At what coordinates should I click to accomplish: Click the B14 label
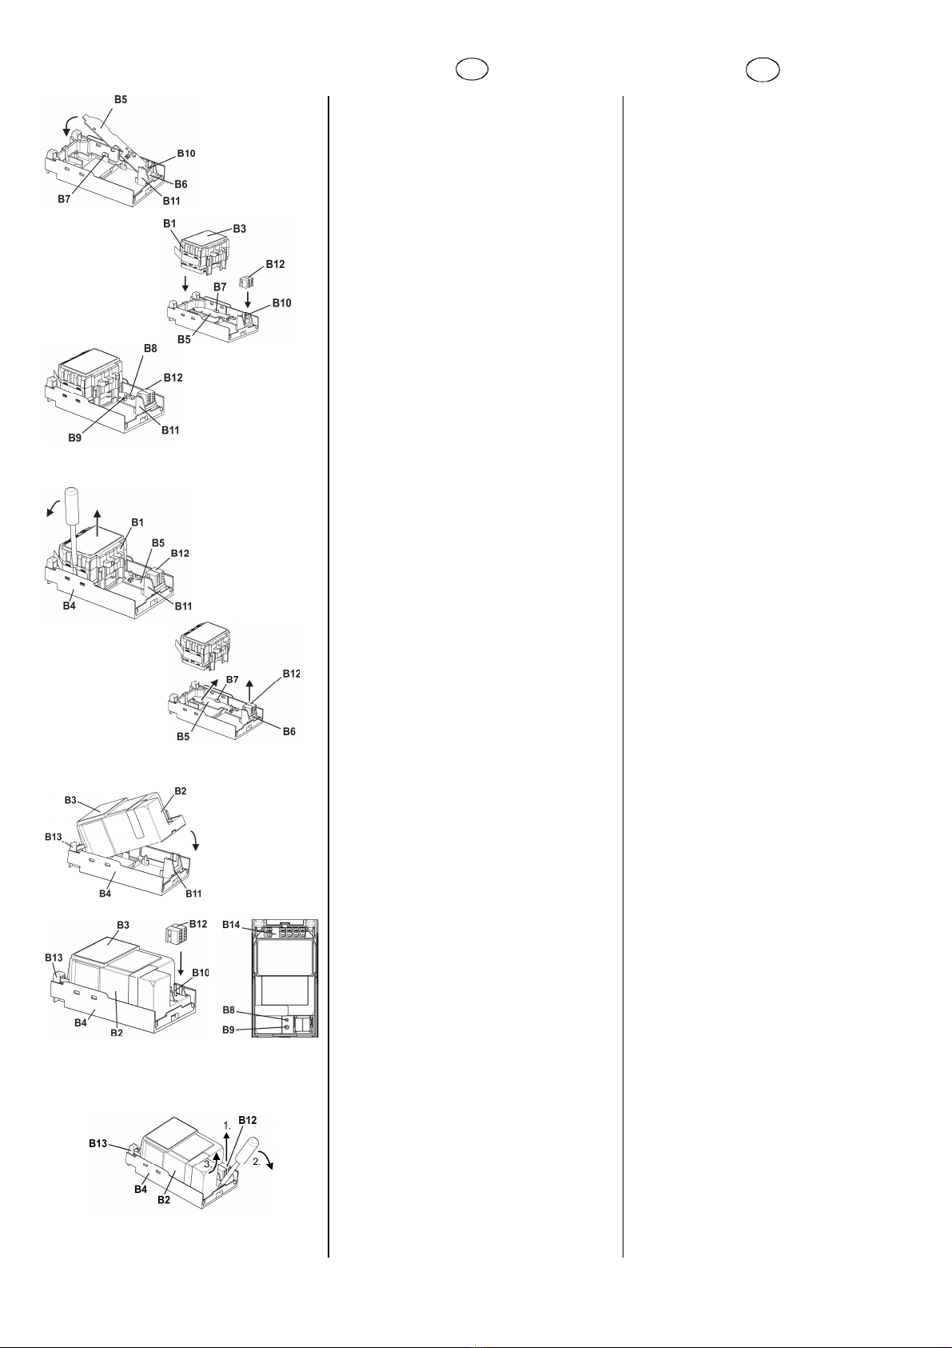(x=232, y=924)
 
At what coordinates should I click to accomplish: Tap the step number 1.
(x=227, y=1125)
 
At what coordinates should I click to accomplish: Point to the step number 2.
(x=257, y=1162)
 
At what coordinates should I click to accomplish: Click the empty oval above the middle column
(x=472, y=70)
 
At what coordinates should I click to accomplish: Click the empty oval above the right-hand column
(x=763, y=70)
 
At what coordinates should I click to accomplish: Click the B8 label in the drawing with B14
(x=229, y=1010)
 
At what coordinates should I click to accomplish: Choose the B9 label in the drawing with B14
(x=229, y=1030)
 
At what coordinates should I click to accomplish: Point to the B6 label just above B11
(x=181, y=183)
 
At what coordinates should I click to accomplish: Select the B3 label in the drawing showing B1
(x=239, y=229)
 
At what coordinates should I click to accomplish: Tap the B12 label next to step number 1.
(x=247, y=1120)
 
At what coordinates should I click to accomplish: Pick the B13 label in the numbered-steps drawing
(x=98, y=1143)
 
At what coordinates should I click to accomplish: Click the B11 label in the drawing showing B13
(x=193, y=893)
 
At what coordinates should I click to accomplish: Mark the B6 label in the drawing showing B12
(x=289, y=731)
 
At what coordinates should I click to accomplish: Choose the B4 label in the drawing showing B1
(x=70, y=606)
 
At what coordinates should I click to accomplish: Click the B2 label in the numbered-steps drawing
(x=164, y=1199)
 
